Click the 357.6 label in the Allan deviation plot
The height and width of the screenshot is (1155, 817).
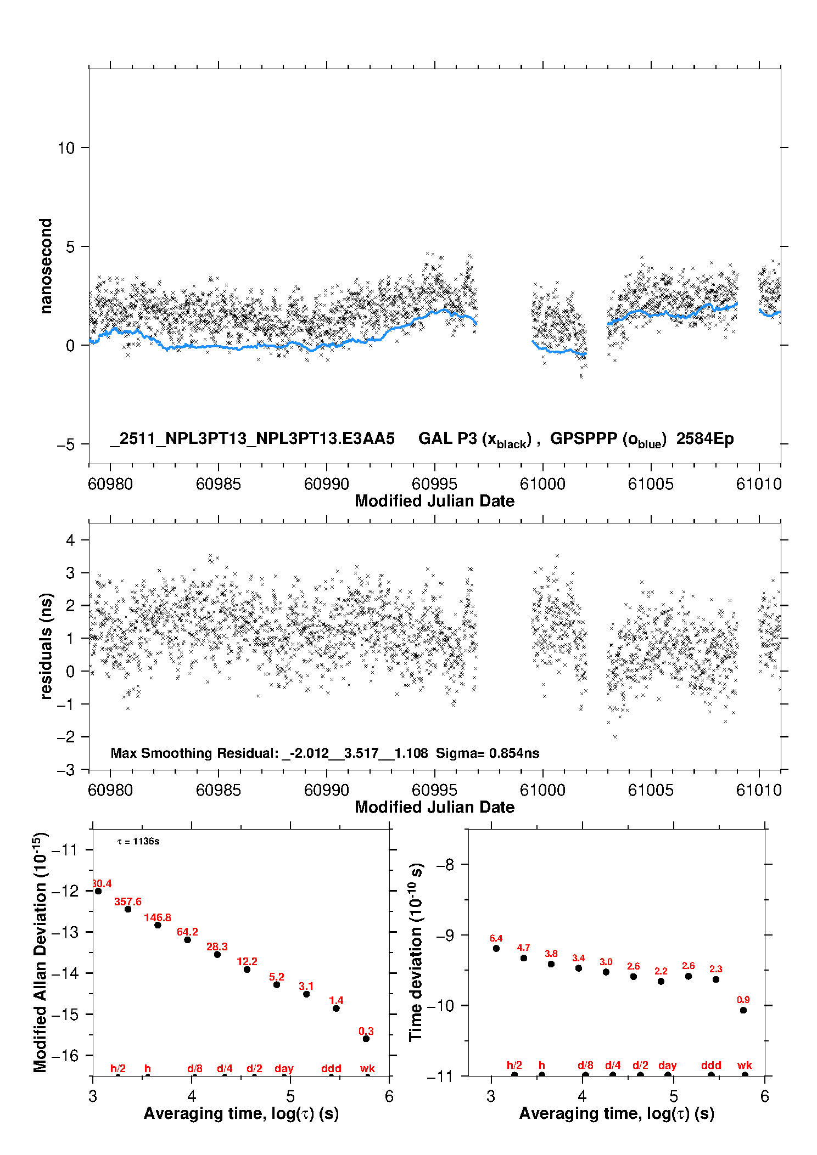coord(128,902)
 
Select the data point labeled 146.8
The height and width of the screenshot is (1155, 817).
coord(158,925)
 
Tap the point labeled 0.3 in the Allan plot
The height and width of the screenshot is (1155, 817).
coord(366,1039)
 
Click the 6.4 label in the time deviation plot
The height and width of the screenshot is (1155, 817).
coord(496,938)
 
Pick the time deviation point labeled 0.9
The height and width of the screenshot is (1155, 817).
coord(743,1010)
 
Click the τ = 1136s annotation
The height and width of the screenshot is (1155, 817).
coord(138,842)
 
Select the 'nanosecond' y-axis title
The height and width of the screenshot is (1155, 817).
coord(46,266)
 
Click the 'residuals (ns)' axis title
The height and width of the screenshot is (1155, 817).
coord(46,646)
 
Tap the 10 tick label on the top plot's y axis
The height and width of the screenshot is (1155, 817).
coord(66,148)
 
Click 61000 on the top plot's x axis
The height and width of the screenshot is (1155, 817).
coord(542,484)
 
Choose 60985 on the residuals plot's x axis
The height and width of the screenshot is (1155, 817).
coord(218,790)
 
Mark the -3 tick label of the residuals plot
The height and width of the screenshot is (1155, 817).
coord(66,770)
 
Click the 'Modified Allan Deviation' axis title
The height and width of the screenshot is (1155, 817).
coord(41,952)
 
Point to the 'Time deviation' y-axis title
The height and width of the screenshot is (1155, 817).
coord(416,952)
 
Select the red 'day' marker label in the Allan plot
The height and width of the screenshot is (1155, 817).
coord(284,1068)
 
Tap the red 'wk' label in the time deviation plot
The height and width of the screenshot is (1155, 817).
coord(745,1065)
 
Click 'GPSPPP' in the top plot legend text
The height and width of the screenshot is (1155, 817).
coord(583,438)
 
